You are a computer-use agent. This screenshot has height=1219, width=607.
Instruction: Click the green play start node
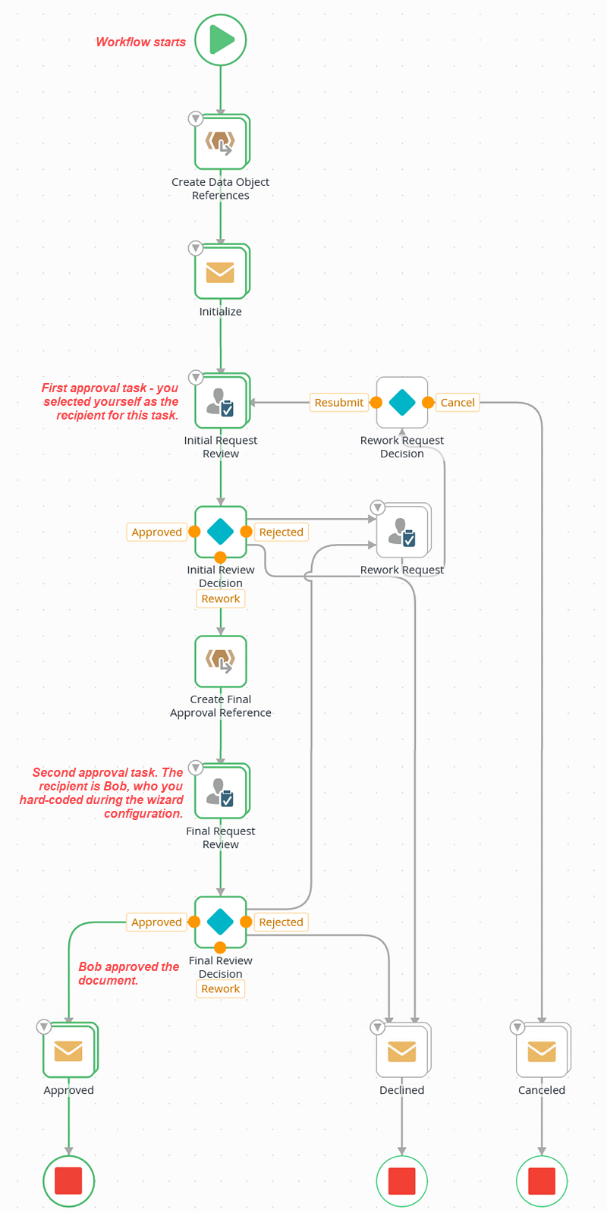[x=220, y=39]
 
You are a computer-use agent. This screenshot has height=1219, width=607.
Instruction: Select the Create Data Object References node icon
[x=220, y=142]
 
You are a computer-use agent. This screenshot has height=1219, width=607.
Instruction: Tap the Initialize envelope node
[x=220, y=272]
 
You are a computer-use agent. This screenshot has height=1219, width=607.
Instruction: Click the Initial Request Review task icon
[x=220, y=401]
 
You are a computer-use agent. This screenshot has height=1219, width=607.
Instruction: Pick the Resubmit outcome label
[x=338, y=403]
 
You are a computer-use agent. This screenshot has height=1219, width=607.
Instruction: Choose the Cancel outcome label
[x=458, y=403]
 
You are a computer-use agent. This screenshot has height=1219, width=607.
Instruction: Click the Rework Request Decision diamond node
[x=402, y=403]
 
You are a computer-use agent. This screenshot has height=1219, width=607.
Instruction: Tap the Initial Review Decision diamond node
[x=220, y=531]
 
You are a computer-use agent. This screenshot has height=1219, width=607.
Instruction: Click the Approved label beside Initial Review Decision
[x=156, y=532]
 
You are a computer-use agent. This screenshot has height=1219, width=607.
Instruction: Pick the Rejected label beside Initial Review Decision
[x=281, y=532]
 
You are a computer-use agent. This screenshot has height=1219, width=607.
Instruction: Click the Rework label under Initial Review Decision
[x=220, y=599]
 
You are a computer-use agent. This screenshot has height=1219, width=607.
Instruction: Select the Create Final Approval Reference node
[x=220, y=661]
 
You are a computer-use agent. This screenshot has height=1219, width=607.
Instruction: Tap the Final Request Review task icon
[x=220, y=791]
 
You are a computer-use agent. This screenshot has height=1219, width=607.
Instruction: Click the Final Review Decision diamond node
[x=220, y=922]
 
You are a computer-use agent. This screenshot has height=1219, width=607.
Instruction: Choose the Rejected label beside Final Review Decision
[x=281, y=922]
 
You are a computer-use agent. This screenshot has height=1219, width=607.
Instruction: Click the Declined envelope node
[x=402, y=1051]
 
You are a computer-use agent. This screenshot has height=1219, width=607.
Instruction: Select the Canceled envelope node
[x=542, y=1051]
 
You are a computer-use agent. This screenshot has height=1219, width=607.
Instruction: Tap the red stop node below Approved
[x=68, y=1180]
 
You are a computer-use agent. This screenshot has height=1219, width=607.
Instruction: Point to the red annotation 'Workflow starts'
[x=140, y=42]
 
